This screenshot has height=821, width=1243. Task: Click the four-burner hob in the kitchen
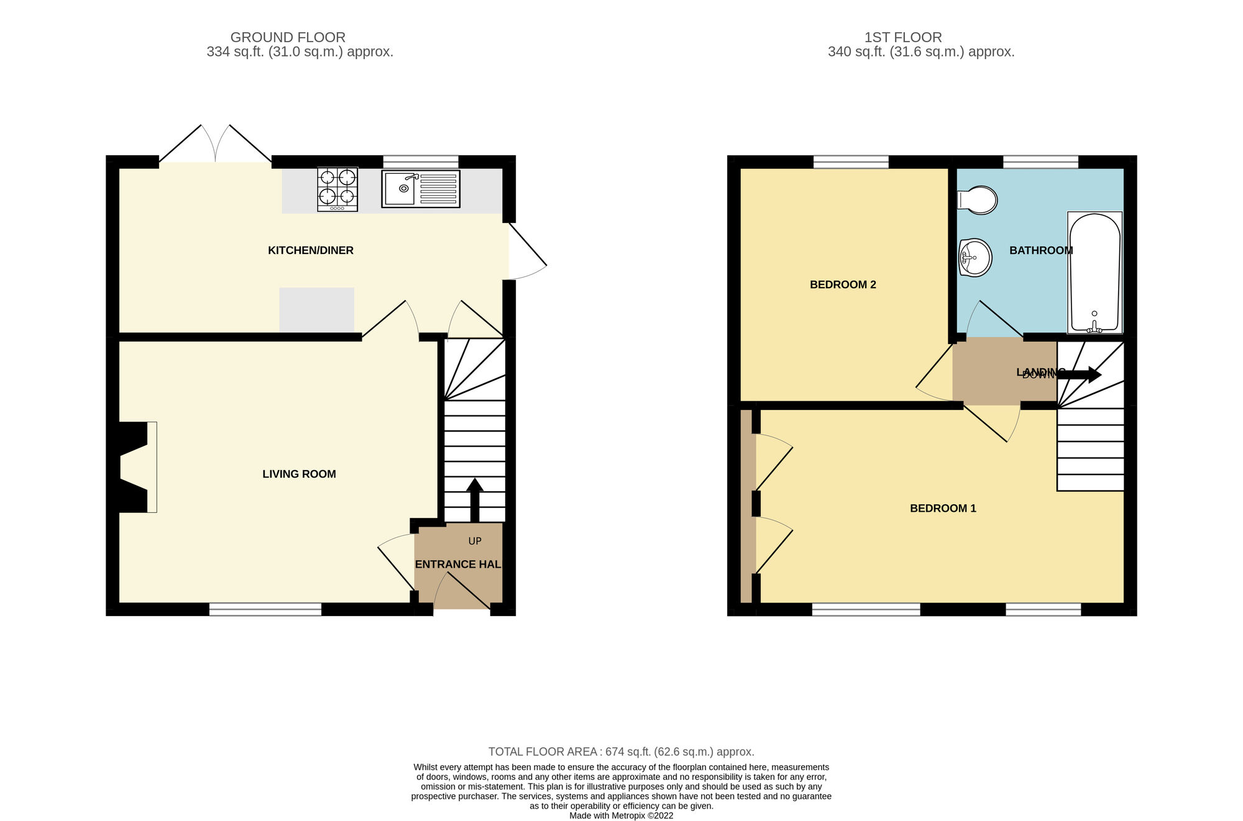coord(337,189)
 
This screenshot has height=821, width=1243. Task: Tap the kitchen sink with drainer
coord(421,189)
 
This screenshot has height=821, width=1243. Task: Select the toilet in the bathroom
coord(978,200)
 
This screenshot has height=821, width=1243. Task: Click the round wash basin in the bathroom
coord(975,258)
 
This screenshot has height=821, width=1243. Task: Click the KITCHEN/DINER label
coord(310,250)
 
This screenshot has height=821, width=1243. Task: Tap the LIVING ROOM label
coord(299,474)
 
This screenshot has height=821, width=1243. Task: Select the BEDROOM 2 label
coord(843,284)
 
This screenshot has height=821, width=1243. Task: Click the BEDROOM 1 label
coord(943,508)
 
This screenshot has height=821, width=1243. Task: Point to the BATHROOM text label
coord(1040,250)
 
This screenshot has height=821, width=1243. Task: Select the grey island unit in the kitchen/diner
coord(316,309)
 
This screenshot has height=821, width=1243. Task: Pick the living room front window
coord(265,609)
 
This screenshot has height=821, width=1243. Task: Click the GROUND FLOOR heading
coord(288,37)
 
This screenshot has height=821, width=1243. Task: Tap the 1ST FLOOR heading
coord(903,37)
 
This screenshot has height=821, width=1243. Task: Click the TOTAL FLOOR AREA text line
coord(621,751)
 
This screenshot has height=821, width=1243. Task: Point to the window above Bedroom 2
coord(851,162)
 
